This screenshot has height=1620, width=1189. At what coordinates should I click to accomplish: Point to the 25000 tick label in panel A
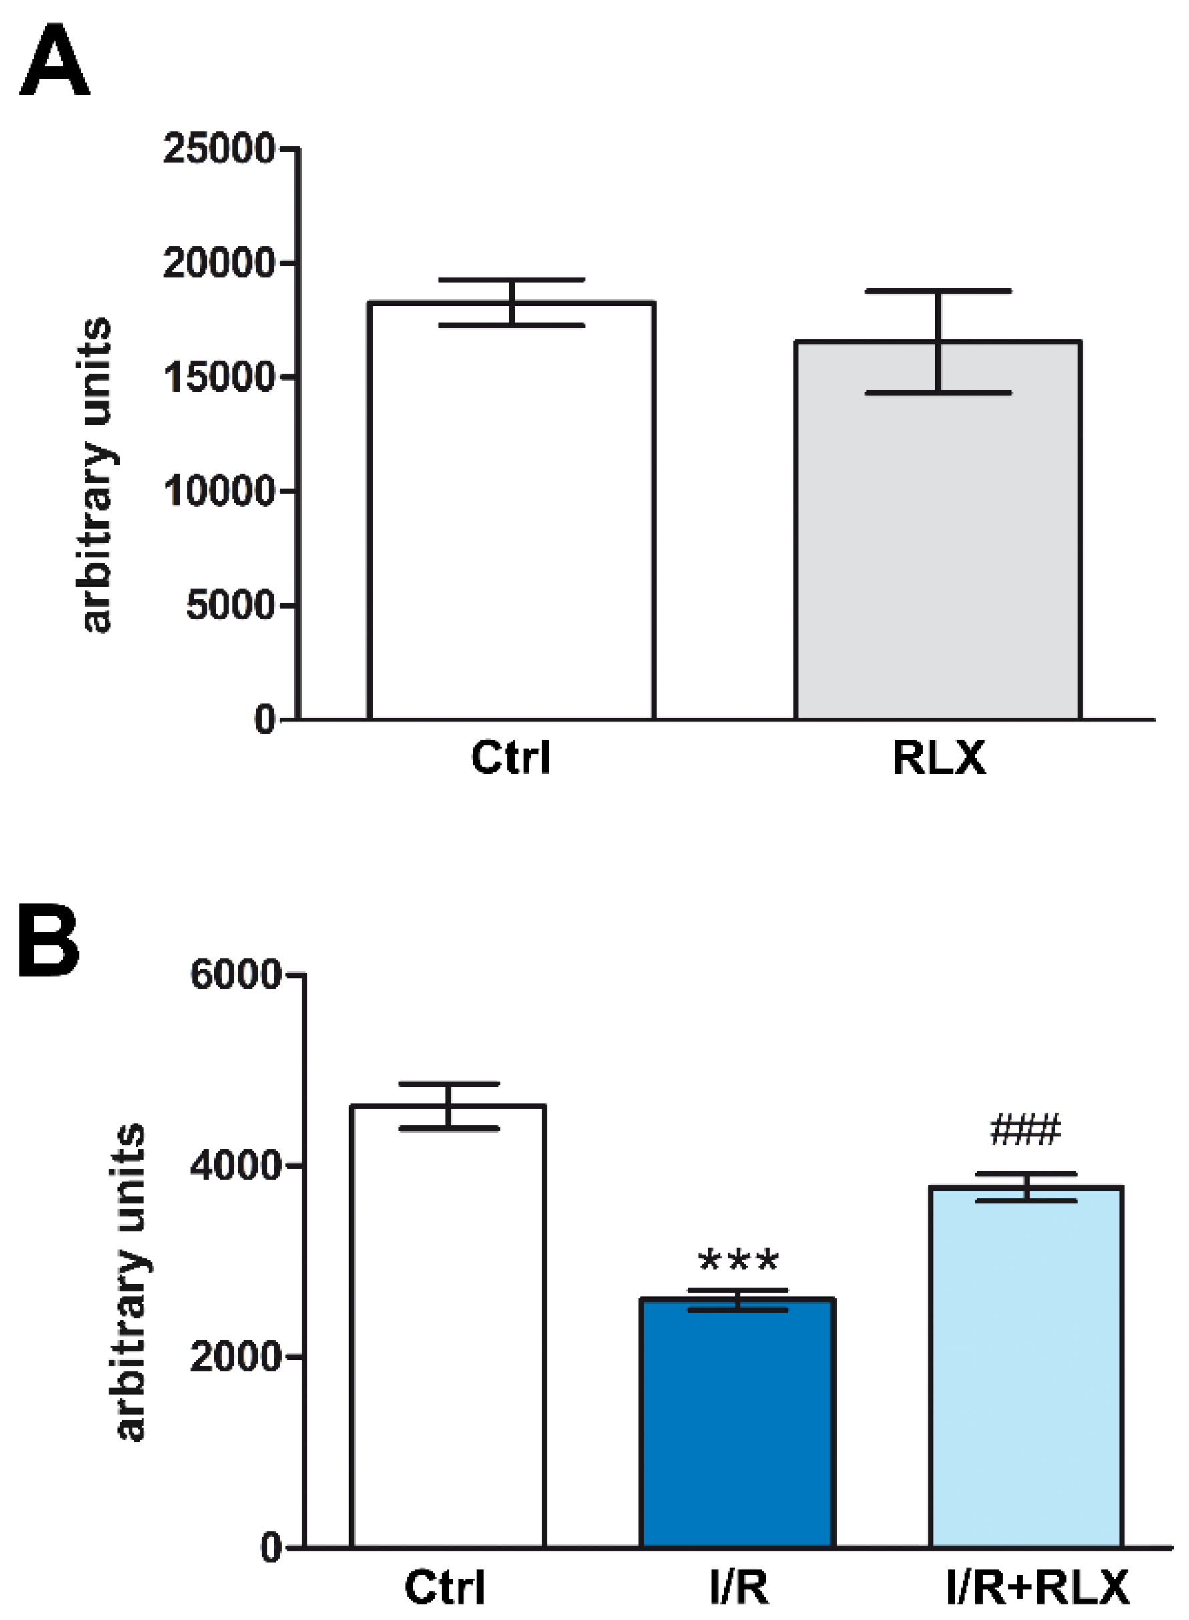[218, 150]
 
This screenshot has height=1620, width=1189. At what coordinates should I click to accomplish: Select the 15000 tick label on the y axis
[218, 378]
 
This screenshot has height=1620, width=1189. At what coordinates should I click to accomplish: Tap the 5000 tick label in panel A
[230, 605]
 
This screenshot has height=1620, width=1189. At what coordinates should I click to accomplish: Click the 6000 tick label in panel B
[234, 975]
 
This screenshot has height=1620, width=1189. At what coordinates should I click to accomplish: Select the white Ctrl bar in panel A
[511, 518]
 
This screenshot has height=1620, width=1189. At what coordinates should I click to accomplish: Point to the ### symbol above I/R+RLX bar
[1025, 1130]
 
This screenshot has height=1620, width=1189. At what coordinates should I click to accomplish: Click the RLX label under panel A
[939, 758]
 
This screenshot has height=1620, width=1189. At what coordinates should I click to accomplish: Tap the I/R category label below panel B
[738, 1587]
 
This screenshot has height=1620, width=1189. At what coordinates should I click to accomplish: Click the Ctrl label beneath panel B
[445, 1587]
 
